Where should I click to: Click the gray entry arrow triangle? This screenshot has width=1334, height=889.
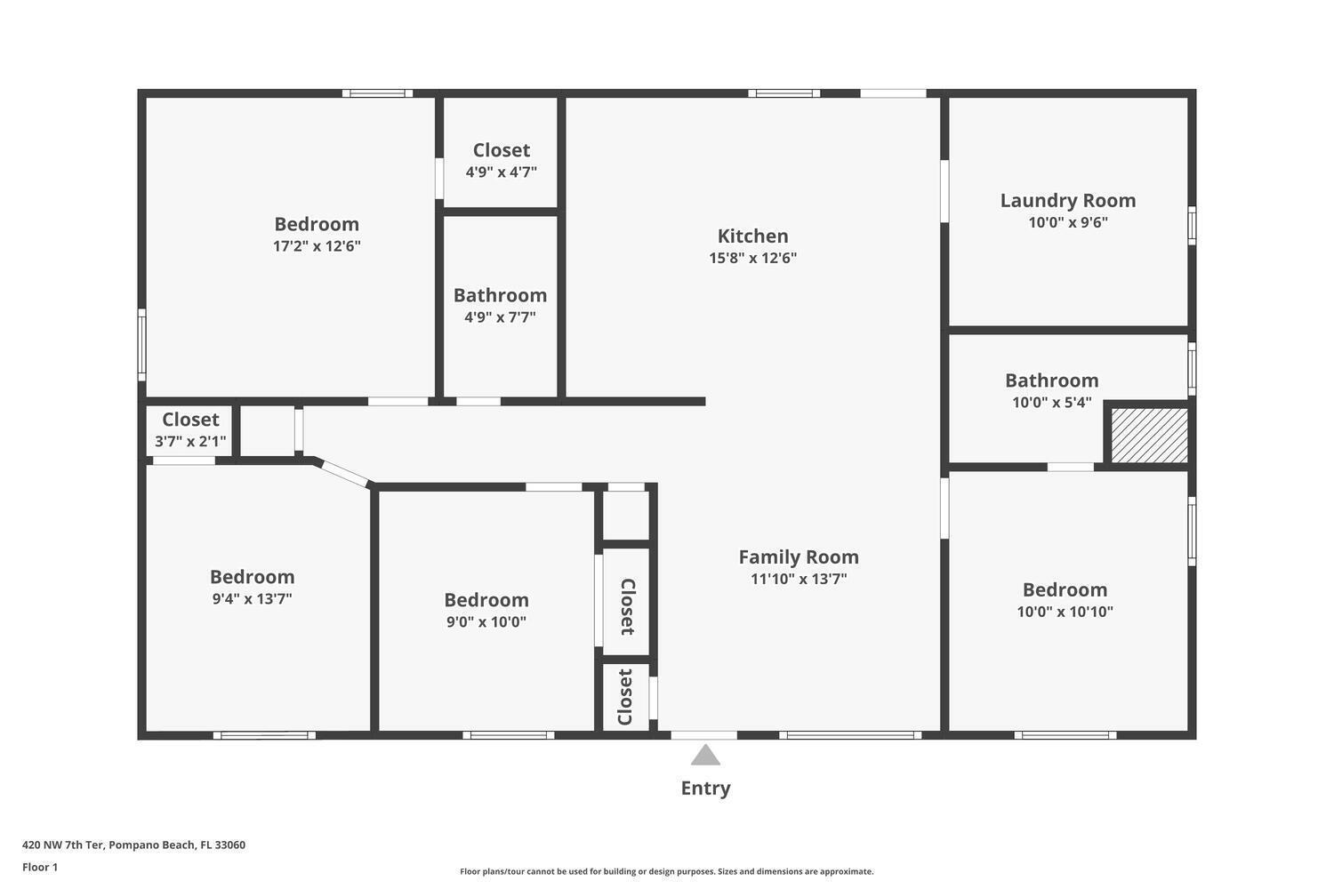click(x=705, y=755)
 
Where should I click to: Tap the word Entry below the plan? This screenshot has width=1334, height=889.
click(x=706, y=789)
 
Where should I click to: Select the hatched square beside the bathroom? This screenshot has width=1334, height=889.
click(x=1149, y=435)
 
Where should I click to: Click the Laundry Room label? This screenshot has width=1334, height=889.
click(x=1068, y=200)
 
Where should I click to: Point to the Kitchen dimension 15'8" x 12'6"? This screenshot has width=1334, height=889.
click(x=752, y=258)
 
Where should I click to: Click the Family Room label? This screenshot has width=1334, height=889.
click(x=799, y=557)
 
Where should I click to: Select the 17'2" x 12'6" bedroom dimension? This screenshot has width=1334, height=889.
click(x=317, y=246)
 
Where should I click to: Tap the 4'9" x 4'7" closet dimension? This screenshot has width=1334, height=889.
click(x=501, y=172)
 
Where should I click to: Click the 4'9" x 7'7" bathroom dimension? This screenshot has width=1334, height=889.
click(x=500, y=316)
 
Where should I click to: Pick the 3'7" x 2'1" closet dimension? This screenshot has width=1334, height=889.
click(x=190, y=441)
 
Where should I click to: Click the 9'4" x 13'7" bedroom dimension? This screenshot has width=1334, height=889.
click(x=252, y=598)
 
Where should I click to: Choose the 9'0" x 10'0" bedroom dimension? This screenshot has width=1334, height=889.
click(x=486, y=621)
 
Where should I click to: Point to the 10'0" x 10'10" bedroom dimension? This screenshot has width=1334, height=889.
click(x=1065, y=612)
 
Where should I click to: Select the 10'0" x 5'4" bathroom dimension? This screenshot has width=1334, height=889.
click(x=1052, y=402)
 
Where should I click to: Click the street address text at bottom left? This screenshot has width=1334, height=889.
click(x=133, y=845)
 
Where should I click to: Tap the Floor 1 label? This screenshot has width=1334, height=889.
click(x=40, y=867)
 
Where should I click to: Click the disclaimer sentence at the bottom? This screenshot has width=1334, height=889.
click(x=666, y=871)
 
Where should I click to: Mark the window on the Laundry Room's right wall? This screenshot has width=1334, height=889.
click(x=1192, y=225)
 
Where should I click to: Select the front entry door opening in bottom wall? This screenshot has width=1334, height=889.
click(x=704, y=735)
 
